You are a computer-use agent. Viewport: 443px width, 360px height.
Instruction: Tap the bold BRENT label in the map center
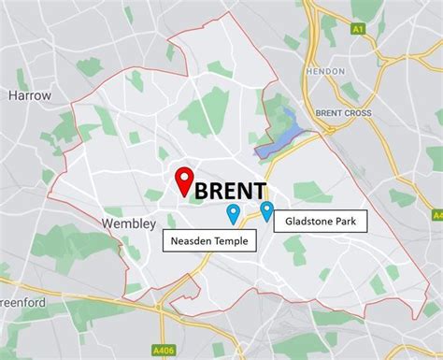[x=231, y=190]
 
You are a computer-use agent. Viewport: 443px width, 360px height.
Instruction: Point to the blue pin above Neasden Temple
[x=233, y=215]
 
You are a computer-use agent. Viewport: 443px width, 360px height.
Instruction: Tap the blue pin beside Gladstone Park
[x=267, y=212]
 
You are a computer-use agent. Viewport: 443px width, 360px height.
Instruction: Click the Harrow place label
[x=31, y=95]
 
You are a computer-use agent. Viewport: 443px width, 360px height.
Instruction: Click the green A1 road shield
[x=356, y=29]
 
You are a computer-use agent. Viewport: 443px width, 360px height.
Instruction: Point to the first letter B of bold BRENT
[x=202, y=190]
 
